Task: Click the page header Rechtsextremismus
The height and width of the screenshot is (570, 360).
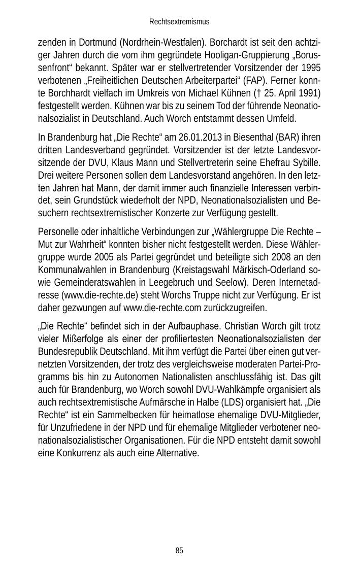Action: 179,22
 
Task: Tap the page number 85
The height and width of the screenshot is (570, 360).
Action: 179,551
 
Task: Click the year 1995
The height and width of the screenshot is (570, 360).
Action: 311,68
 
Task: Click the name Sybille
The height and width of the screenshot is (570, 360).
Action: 305,163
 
